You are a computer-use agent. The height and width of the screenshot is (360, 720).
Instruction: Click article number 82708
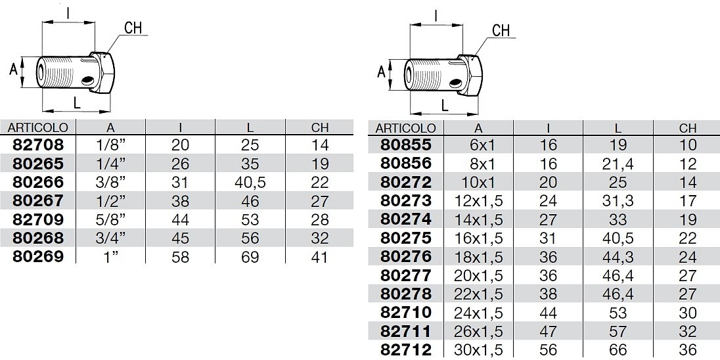pyautogui.click(x=38, y=145)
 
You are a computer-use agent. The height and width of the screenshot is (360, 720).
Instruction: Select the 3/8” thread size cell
pyautogui.click(x=110, y=182)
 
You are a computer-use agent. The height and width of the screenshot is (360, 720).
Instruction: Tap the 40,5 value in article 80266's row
pyautogui.click(x=250, y=182)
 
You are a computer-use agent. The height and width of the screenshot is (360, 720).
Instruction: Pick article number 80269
pyautogui.click(x=38, y=256)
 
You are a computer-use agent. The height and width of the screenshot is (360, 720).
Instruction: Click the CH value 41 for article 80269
pyautogui.click(x=319, y=257)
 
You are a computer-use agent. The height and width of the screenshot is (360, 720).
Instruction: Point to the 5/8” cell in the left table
pyautogui.click(x=110, y=219)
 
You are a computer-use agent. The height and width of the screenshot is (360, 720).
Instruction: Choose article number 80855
pyautogui.click(x=407, y=145)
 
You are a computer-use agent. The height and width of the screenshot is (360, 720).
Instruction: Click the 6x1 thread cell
pyautogui.click(x=478, y=145)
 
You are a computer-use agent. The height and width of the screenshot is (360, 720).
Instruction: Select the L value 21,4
pyautogui.click(x=618, y=164)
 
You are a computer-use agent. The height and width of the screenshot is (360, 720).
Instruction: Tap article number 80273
pyautogui.click(x=407, y=200)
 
